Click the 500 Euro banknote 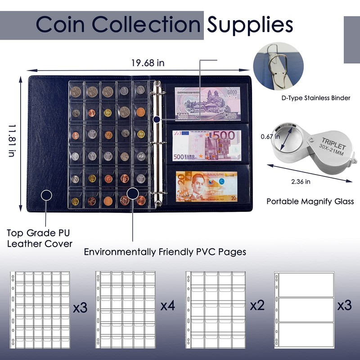click(x=207, y=145)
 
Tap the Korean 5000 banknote click(x=207, y=104)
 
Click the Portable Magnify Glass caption click(x=310, y=201)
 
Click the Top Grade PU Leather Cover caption click(x=40, y=238)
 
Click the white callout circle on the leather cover click(x=46, y=195)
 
